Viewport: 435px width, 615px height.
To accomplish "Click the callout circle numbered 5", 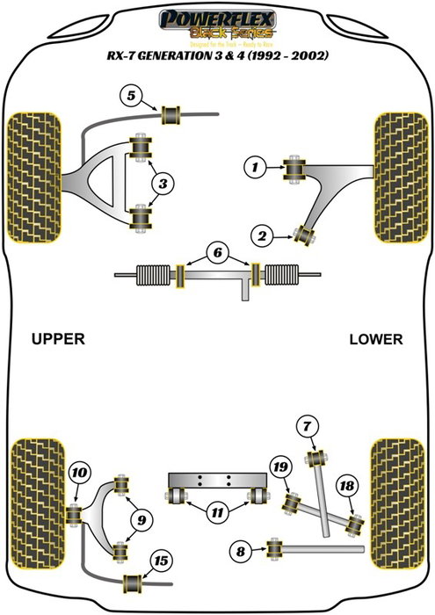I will coord(131,95).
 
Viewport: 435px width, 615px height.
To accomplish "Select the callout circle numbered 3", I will coord(163,183).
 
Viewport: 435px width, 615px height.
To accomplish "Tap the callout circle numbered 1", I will coord(253,165).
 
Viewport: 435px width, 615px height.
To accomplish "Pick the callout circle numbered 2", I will coord(261,234).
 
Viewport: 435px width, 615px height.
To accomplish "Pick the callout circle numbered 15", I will coord(160,561).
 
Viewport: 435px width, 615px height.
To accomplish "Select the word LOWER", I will coord(374,338).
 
